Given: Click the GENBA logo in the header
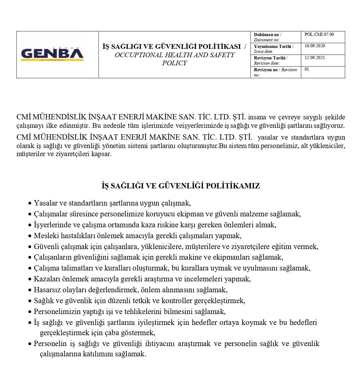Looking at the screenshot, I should coord(52,54).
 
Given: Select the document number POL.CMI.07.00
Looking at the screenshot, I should coord(319,35).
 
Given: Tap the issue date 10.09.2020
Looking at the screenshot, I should coord(315,46).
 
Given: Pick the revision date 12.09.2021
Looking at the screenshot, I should coord(315,58).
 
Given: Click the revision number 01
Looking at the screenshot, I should coord(307,69).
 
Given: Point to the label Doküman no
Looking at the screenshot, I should coord(266,35).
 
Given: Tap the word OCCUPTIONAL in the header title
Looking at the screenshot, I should coord(137,55).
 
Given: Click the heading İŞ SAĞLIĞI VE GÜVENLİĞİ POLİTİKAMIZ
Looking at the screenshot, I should coord(181,186).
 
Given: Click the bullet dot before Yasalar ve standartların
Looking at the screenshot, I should coord(30,204).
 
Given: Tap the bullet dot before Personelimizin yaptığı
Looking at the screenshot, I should coord(30,312).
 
